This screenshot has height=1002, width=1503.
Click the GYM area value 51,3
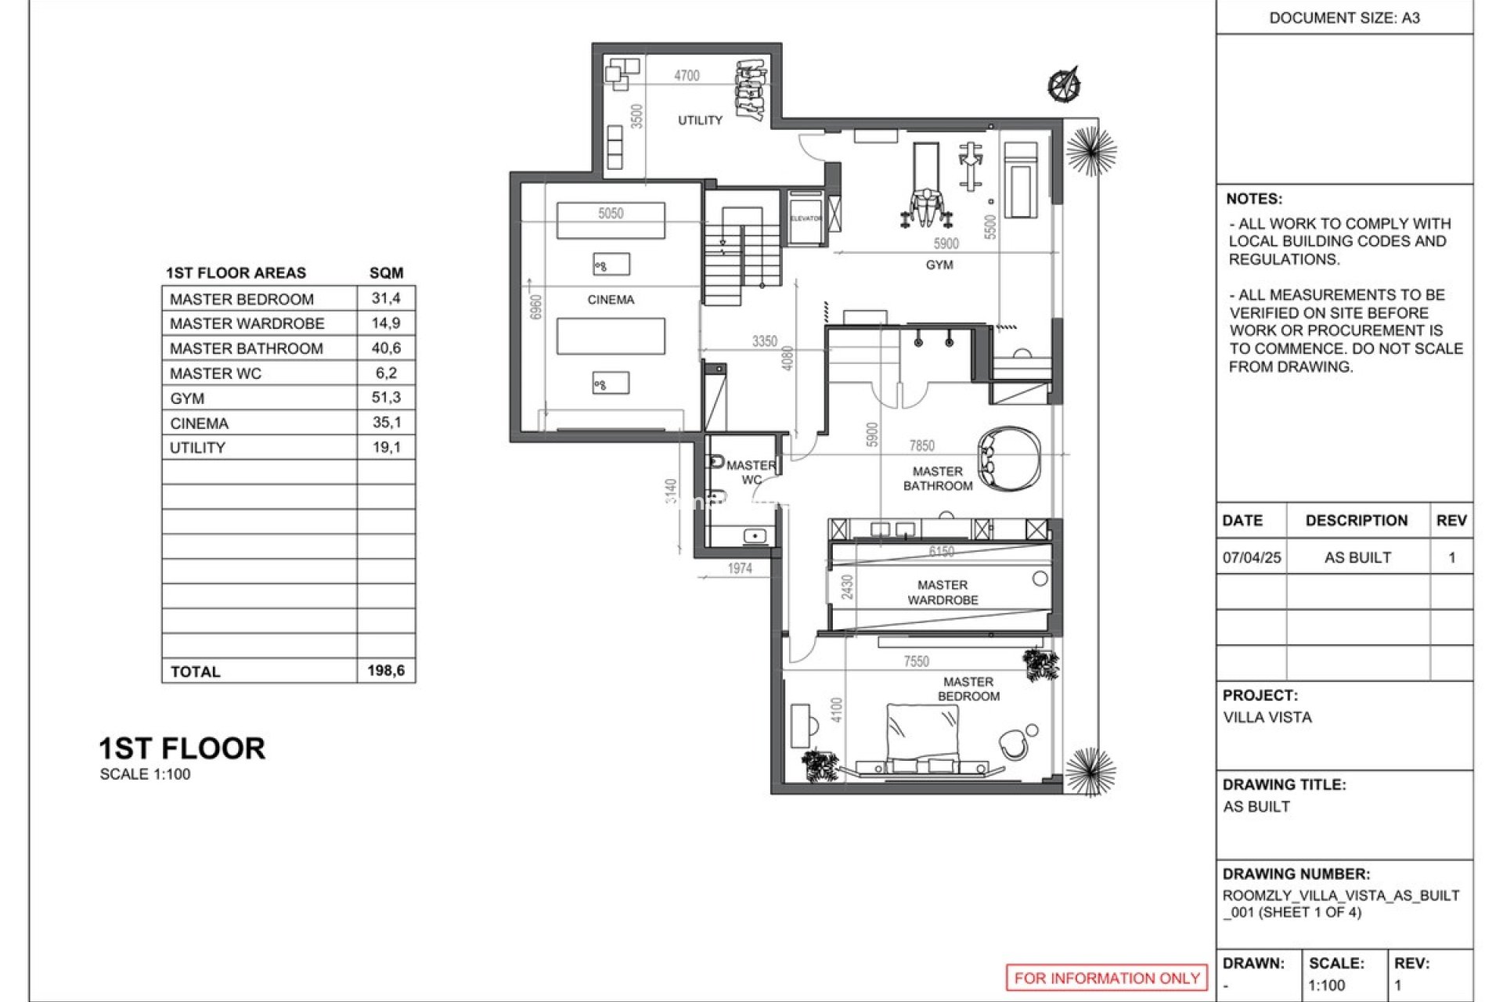pos(386,398)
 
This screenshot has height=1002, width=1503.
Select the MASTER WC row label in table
pos(215,373)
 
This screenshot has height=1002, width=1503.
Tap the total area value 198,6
pos(386,671)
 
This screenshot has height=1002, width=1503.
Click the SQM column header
pos(386,272)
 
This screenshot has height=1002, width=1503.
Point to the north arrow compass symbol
pos(1065,85)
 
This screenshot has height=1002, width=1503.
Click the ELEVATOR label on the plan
pos(806,218)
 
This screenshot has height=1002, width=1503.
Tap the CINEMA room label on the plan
pos(611,300)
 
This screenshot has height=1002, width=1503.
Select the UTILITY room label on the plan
pos(700,121)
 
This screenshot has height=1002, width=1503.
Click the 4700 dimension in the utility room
pos(687,76)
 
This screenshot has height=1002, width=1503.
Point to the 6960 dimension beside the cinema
pos(536,307)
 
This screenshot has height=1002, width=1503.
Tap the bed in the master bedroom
pos(922,736)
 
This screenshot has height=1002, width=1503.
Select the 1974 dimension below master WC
pos(739,568)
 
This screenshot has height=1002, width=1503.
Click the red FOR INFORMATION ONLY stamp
pos(1106,978)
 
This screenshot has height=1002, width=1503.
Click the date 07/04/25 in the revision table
pos(1252,558)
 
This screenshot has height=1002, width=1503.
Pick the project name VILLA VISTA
pos(1267,717)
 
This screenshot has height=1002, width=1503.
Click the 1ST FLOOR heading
pos(182,749)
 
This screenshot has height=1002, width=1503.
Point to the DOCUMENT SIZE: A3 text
pos(1344,18)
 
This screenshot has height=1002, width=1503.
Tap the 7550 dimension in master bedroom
pos(916,661)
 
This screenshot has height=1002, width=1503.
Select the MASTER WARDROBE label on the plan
pos(943,593)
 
